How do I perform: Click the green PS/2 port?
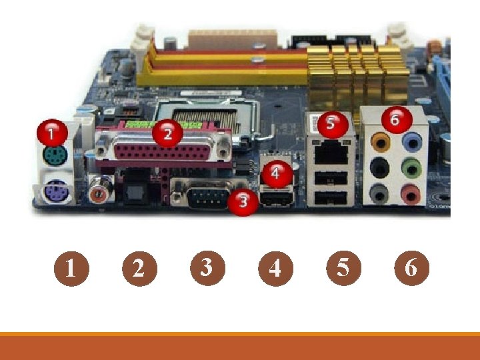pyautogui.click(x=55, y=155)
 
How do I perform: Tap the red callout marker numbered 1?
pyautogui.click(x=53, y=133)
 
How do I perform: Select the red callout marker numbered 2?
pyautogui.click(x=167, y=133)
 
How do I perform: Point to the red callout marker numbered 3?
pyautogui.click(x=243, y=202)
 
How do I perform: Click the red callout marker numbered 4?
pyautogui.click(x=275, y=174)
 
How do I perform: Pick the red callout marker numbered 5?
pyautogui.click(x=333, y=124)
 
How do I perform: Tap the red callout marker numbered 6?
pyautogui.click(x=397, y=120)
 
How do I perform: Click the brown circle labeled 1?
pyautogui.click(x=71, y=269)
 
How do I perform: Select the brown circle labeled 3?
pyautogui.click(x=207, y=268)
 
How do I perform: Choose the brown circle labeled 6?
pyautogui.click(x=412, y=268)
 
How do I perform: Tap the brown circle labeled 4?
pyautogui.click(x=275, y=269)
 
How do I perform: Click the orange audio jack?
pyautogui.click(x=381, y=143)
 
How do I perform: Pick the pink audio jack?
pyautogui.click(x=411, y=194)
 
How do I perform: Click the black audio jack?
pyautogui.click(x=379, y=168)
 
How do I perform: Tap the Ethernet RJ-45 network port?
pyautogui.click(x=331, y=152)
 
